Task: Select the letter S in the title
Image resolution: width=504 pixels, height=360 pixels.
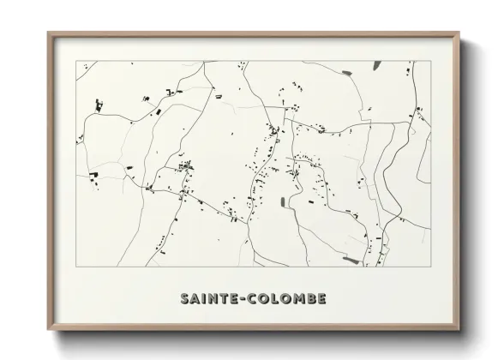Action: coord(186,297)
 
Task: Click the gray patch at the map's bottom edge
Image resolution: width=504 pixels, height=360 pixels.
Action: coord(349,258)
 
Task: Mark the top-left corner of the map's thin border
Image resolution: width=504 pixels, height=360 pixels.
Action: coord(76,61)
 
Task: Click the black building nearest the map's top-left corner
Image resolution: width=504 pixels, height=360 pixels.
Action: coord(99,105)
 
